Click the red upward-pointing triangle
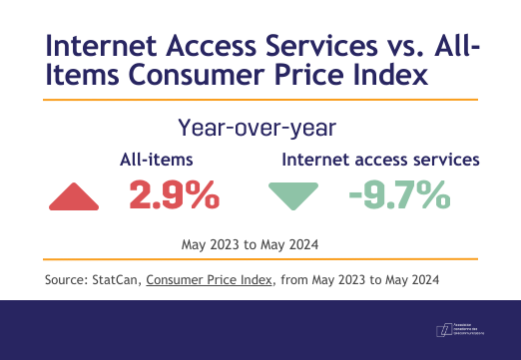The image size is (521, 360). [x=75, y=198]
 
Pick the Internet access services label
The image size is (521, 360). [x=382, y=159]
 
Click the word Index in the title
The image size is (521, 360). [x=383, y=77]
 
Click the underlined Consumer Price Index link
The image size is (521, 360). [x=210, y=279]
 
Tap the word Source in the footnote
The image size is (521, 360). [x=65, y=279]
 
